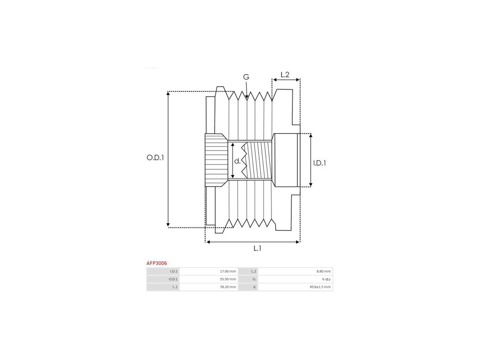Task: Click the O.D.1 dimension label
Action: pos(155,158)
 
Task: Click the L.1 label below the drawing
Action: pos(257,248)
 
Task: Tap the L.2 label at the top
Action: pos(285,75)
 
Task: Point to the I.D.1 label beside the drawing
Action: pos(319,163)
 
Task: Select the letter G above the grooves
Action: pos(246,77)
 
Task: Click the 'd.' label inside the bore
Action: pos(237,161)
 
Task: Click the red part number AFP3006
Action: pos(157,264)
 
